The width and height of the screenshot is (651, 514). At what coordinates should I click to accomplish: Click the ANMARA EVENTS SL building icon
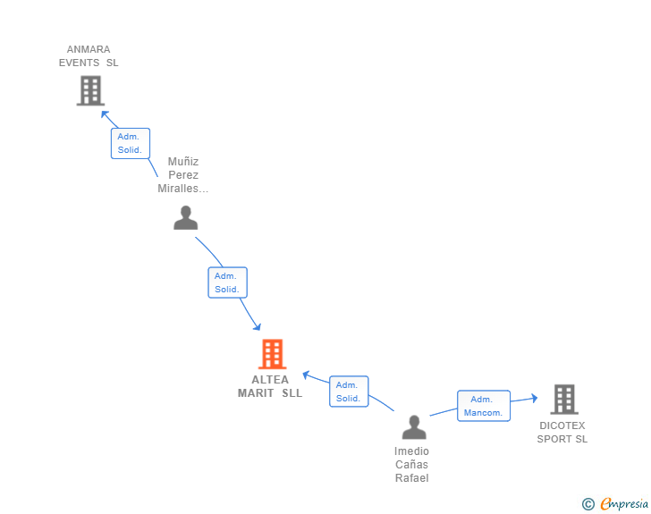90,90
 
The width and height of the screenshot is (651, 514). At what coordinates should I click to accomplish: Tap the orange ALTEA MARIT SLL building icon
273,354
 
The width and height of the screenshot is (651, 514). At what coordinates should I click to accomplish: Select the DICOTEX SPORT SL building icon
564,400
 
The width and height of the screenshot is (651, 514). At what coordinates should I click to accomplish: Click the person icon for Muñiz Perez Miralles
186,217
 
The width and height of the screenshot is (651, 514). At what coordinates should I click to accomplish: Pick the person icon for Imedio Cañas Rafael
414,427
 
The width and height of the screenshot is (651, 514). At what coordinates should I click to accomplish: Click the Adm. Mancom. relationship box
484,406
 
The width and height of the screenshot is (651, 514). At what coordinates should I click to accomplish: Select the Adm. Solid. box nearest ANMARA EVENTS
131,143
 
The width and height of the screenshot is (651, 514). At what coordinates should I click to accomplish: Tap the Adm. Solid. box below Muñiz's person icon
227,282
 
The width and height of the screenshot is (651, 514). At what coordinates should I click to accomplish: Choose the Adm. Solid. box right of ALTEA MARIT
349,392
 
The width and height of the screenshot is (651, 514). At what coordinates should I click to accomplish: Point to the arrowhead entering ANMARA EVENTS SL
105,114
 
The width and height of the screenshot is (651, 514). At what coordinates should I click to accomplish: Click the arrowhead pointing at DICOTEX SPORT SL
535,398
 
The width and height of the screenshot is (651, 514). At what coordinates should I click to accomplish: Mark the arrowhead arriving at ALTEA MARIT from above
257,326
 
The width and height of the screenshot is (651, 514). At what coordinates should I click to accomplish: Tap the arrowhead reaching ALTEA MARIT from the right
307,375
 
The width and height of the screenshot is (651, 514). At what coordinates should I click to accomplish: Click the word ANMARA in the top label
89,49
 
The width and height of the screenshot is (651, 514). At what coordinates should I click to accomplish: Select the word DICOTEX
562,426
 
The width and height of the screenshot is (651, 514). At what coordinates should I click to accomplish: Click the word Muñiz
183,162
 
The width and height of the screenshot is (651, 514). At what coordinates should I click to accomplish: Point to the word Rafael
412,478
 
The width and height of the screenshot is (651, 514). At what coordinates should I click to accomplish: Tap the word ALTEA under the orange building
270,380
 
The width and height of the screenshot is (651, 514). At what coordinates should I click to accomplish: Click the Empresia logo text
624,503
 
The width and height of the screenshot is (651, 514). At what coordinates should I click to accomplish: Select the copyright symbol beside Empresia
588,504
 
